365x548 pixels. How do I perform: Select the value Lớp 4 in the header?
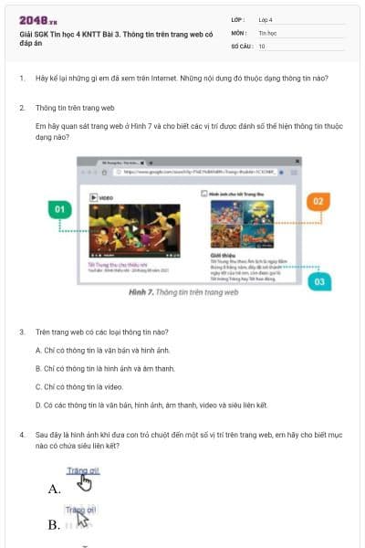pos(266,18)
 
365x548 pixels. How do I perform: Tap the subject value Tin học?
pos(267,31)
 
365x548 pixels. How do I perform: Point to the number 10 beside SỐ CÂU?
pos(262,45)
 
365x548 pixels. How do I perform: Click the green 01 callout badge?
pos(59,209)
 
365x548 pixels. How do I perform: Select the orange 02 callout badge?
pos(318,200)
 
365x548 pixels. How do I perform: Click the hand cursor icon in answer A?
pos(86,481)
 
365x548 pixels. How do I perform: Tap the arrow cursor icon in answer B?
pos(83,520)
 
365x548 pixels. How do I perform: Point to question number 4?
pos(21,435)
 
